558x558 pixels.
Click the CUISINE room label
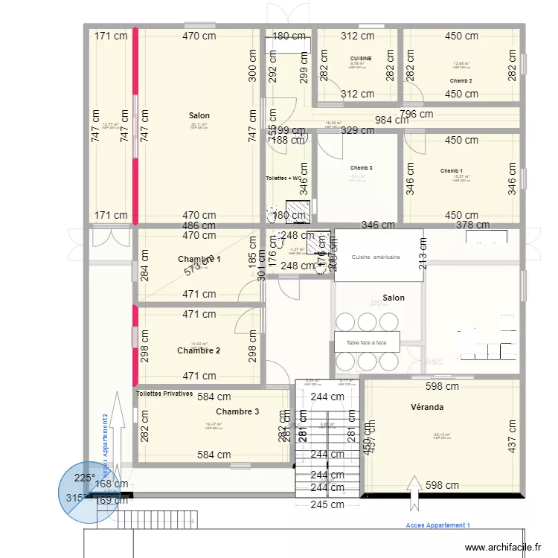[x=361, y=57]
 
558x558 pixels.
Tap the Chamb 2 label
[x=461, y=80]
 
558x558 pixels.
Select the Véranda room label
[x=427, y=407]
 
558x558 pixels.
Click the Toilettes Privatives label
[x=164, y=393]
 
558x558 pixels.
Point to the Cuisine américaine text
[x=376, y=257]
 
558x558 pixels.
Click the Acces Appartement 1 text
[x=438, y=525]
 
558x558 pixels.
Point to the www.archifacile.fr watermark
[x=503, y=548]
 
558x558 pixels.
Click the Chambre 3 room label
[x=237, y=411]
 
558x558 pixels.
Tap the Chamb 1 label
[x=451, y=171]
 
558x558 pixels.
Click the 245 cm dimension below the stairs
[x=327, y=504]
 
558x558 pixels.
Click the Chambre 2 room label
[x=198, y=350]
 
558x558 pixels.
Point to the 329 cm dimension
[x=357, y=130]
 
